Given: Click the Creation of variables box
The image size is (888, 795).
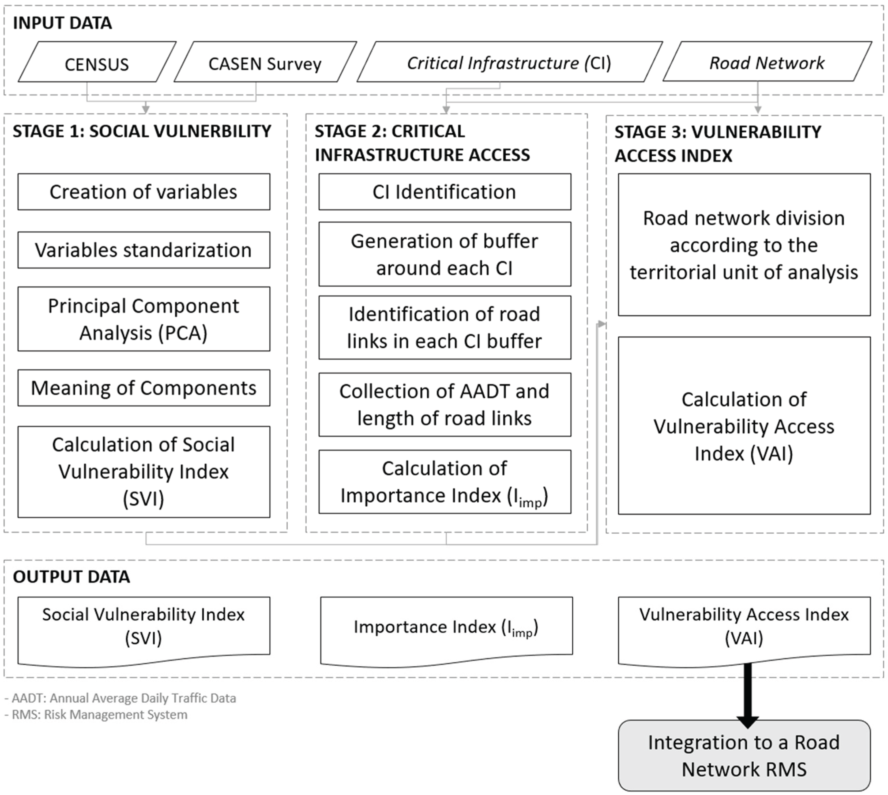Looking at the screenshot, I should [144, 192].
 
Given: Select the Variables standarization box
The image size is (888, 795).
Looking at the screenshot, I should [144, 250].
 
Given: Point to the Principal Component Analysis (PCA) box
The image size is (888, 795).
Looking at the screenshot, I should [144, 319].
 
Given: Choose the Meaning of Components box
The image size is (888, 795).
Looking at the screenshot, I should [144, 388].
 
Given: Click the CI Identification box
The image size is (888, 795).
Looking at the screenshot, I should [444, 192].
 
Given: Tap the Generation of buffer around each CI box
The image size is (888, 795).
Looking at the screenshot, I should [444, 254].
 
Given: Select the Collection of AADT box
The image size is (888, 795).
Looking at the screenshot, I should [444, 405].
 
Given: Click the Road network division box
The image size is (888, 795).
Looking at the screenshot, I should [744, 245].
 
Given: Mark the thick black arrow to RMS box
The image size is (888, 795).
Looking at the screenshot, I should [747, 695].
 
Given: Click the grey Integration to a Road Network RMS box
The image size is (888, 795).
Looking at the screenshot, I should [744, 756].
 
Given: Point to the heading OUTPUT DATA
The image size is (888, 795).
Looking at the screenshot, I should [71, 577].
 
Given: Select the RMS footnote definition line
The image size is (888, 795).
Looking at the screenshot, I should [96, 715].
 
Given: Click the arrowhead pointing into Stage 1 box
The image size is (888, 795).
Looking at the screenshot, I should [146, 108].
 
